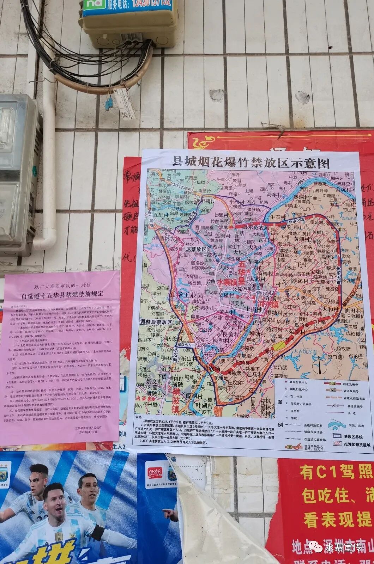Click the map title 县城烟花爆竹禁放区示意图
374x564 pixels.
coord(250,163)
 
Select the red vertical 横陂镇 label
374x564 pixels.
coord(176,400)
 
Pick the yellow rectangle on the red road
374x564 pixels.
coord(279,346)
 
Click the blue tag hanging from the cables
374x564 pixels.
coord(109,103)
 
